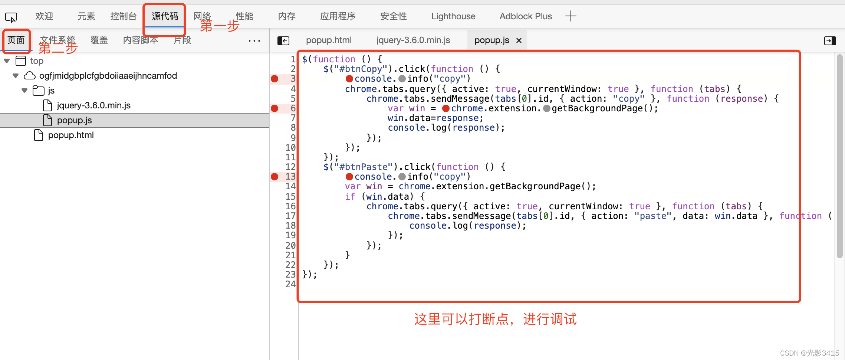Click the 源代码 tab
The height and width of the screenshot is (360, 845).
165,16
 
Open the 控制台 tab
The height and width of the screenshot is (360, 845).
124,16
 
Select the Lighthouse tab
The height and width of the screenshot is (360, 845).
453,16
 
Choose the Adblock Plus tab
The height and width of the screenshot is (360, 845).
526,16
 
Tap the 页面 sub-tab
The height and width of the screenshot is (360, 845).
16,40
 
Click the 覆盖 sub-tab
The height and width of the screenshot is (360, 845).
99,40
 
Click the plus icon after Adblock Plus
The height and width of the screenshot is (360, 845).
571,16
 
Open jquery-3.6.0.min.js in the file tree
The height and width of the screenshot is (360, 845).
93,105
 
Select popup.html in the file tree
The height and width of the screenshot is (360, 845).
70,135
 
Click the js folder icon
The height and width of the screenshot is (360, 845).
38,91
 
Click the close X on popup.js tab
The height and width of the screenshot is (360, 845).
519,40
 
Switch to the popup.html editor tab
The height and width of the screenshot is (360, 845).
329,40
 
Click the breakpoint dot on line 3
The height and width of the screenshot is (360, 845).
274,79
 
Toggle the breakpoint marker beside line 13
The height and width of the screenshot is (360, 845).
274,177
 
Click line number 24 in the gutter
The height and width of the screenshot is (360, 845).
290,284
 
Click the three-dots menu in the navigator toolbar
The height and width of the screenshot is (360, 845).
254,40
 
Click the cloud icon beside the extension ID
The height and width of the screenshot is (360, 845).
30,76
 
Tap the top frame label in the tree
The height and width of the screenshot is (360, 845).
37,61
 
